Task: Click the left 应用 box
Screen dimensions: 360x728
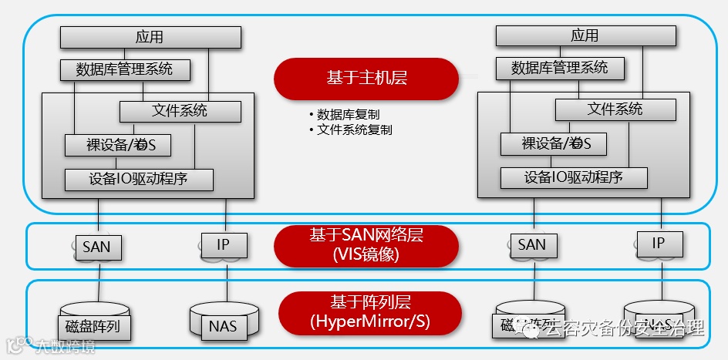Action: [x=150, y=37]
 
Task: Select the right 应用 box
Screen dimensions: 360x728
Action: [x=585, y=35]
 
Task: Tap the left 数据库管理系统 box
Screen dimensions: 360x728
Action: [x=126, y=69]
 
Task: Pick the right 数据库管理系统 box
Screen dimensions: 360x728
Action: [x=560, y=68]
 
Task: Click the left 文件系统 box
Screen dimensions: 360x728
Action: [x=180, y=111]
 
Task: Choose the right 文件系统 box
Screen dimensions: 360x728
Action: [x=615, y=109]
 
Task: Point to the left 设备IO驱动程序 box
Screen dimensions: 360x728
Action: [x=139, y=180]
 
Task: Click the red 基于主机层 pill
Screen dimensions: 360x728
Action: [x=366, y=79]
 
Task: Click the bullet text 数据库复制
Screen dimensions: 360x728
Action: [x=352, y=114]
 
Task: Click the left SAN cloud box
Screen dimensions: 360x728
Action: [x=96, y=247]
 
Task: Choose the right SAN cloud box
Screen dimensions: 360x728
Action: [x=532, y=246]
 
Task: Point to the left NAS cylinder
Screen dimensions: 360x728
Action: [x=223, y=323]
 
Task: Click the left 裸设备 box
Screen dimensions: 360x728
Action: [x=117, y=145]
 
